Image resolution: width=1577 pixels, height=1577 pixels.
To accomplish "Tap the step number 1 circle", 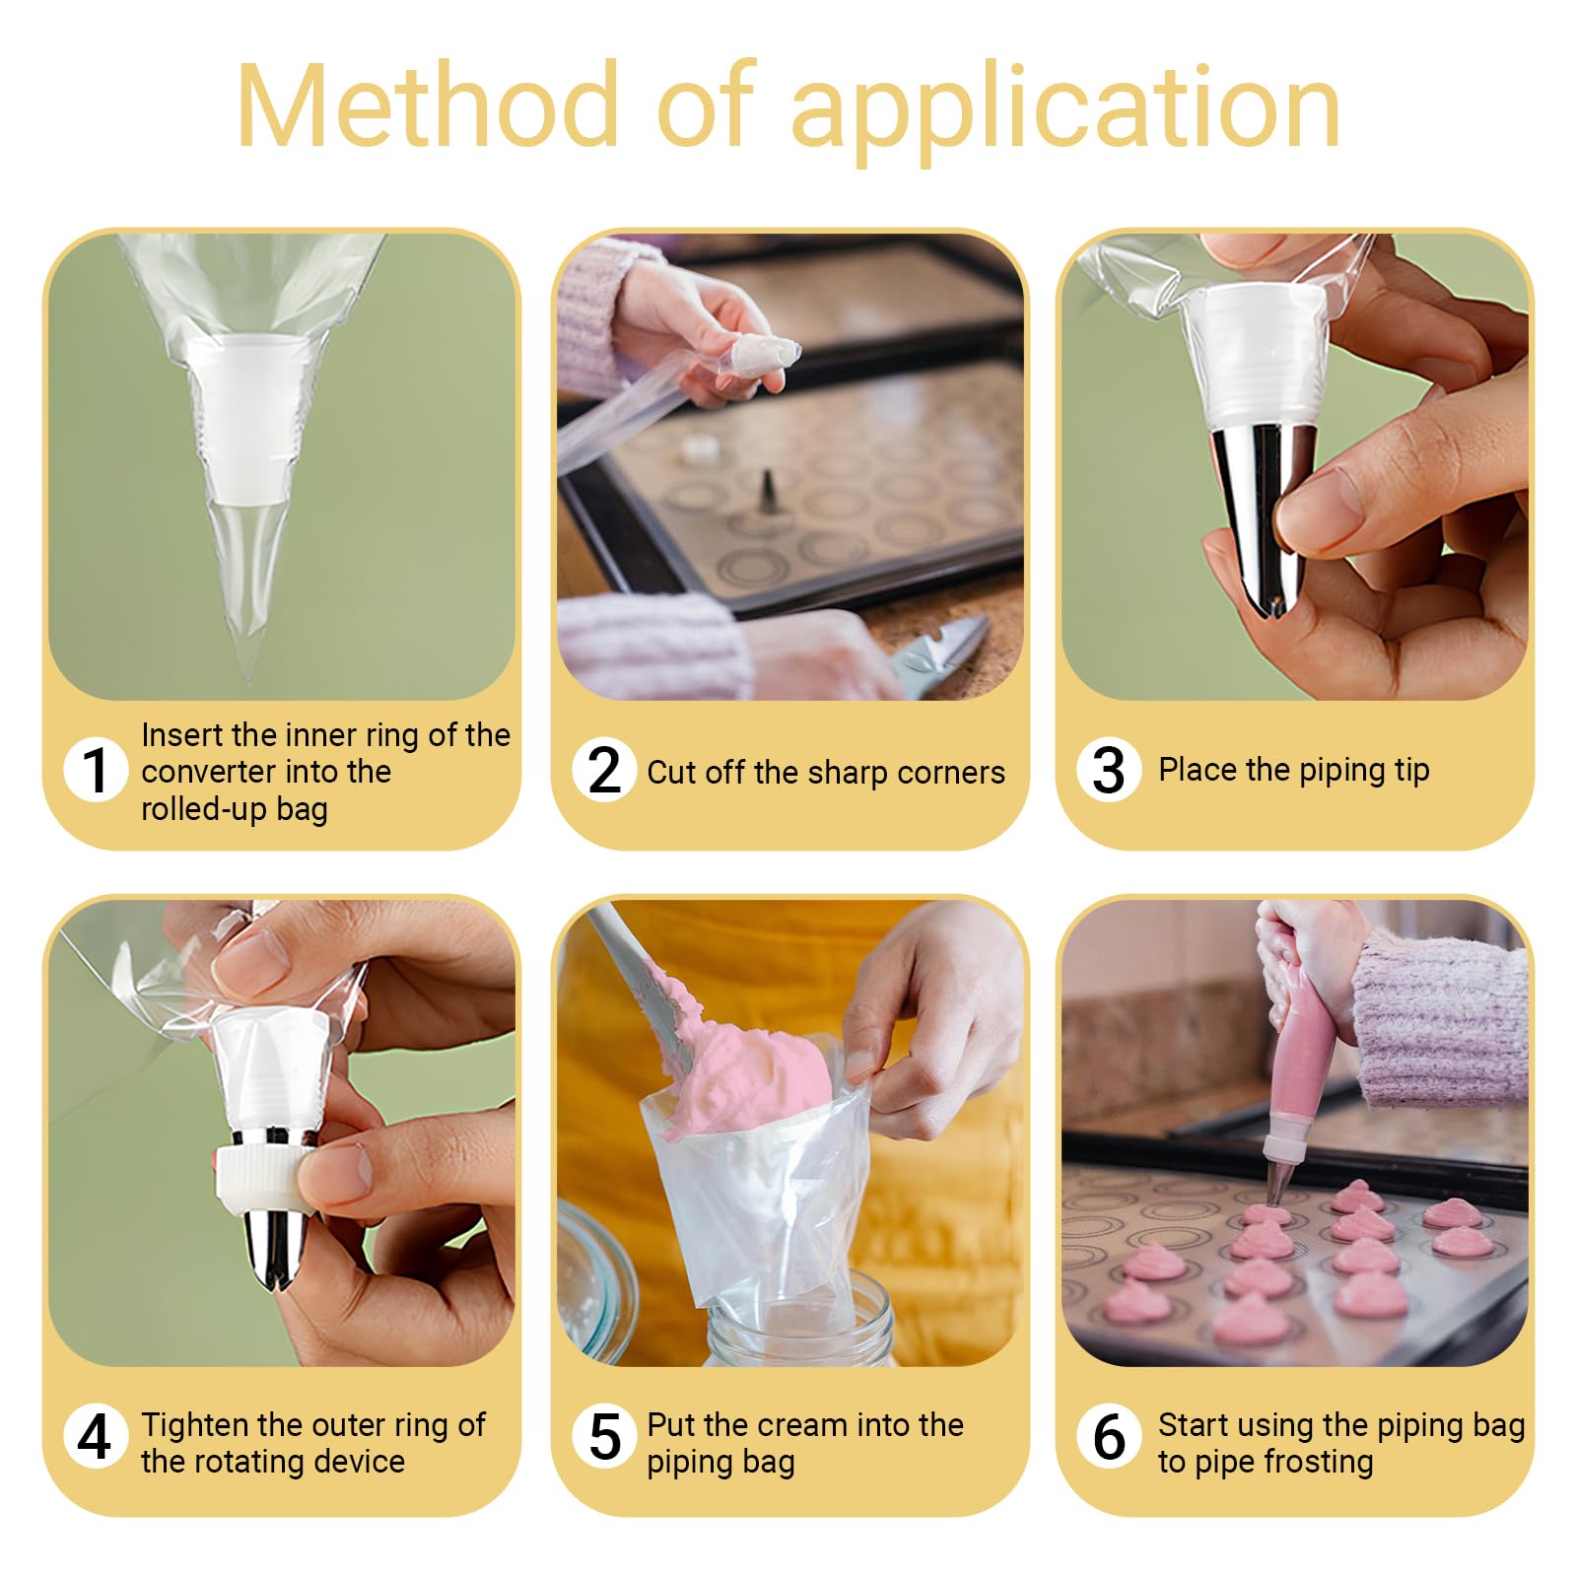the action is point(96,770).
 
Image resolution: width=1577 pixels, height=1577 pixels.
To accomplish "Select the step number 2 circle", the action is point(604,770).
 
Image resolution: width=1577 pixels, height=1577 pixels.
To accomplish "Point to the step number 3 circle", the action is point(1109,770).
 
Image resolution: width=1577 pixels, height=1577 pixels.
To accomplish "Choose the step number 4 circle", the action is point(96,1436).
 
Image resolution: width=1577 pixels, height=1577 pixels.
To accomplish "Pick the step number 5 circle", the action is point(604,1436).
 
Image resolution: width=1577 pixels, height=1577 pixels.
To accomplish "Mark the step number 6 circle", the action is point(1109,1436).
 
